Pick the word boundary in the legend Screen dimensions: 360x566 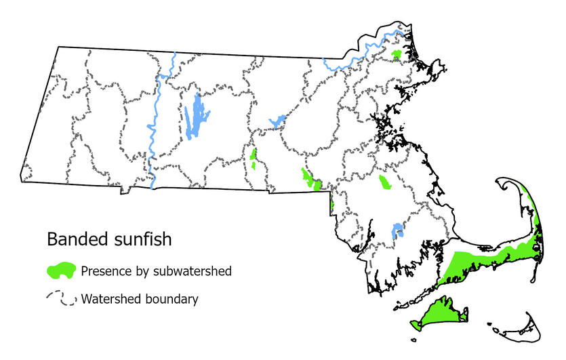point(171,298)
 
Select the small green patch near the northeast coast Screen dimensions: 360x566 point(397,54)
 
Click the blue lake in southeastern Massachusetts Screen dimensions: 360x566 point(398,231)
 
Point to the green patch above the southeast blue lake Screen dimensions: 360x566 point(385,182)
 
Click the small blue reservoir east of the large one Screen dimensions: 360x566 point(277,121)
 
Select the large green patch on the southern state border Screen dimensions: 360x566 point(310,180)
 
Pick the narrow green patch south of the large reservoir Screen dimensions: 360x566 point(254,159)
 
